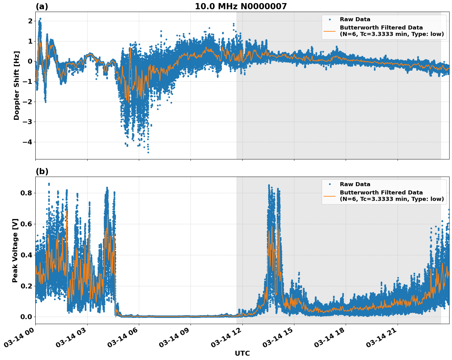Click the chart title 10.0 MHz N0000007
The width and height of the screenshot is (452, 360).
pos(241,6)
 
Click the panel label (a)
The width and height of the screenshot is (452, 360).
pos(42,6)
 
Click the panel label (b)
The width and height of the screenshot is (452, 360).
pos(42,171)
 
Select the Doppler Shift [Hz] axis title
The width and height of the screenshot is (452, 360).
pos(17,85)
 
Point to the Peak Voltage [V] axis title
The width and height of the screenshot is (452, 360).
pos(15,250)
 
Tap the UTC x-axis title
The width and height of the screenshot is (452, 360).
pos(242,354)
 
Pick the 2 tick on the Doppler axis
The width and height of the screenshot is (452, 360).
pos(30,21)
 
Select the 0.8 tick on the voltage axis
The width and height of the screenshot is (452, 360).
pos(26,193)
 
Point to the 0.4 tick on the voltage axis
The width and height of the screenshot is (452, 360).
pos(26,255)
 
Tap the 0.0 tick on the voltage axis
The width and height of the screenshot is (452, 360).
pos(26,317)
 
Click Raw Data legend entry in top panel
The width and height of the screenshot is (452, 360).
pos(355,19)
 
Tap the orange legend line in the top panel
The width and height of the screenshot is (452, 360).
pos(330,31)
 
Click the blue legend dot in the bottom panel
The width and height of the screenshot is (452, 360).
pos(330,184)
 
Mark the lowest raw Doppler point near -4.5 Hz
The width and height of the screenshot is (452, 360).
pos(148,152)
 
